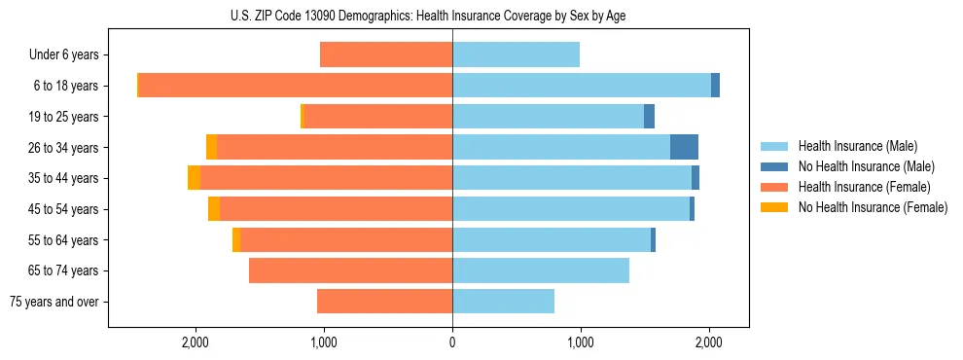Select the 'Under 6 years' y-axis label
point(63,54)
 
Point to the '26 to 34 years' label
point(63,147)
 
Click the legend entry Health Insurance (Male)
point(857,146)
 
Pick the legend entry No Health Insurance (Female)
point(872,207)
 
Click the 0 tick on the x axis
point(452,342)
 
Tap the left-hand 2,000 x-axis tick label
point(196,342)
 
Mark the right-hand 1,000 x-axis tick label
point(581,342)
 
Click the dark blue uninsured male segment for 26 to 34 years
point(684,147)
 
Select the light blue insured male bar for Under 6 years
point(516,54)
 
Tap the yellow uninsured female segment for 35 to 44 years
point(194,178)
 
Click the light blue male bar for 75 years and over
point(503,302)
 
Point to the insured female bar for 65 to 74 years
point(350,270)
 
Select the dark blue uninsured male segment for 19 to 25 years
point(649,117)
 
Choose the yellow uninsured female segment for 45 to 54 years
point(214,209)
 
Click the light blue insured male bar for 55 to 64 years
point(552,239)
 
